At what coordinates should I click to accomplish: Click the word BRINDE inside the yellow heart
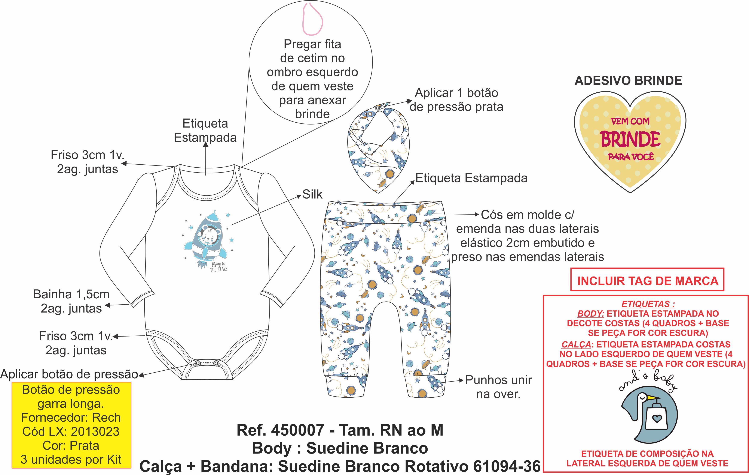[x=630, y=139]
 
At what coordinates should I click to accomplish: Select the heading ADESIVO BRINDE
[x=628, y=81]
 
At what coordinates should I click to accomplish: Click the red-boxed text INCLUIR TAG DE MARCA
[x=648, y=281]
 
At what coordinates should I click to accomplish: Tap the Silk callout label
[x=312, y=194]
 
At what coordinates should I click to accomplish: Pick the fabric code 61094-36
[x=507, y=466]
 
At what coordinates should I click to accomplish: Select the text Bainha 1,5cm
[x=71, y=294]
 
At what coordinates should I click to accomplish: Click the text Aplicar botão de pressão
[x=69, y=374]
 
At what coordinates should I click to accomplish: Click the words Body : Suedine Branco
[x=340, y=448]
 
